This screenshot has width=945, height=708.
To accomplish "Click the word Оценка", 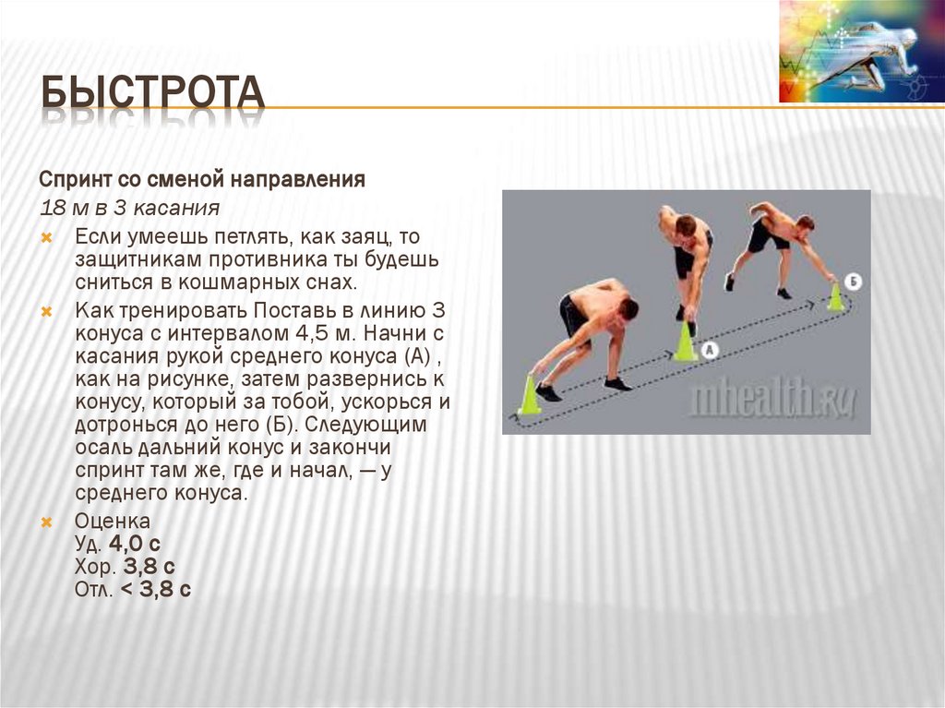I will pos(112,522).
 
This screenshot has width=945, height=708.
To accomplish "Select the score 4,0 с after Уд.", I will pos(135,545).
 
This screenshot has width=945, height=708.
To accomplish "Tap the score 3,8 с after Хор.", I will pos(149,567).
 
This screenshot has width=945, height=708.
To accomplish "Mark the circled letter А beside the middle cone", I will pos(709,350).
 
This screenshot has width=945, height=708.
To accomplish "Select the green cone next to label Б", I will pos(835,297).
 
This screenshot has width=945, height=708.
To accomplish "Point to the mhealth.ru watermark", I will pos(773,399).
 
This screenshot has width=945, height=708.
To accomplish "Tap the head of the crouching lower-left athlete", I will pos(628,308).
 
